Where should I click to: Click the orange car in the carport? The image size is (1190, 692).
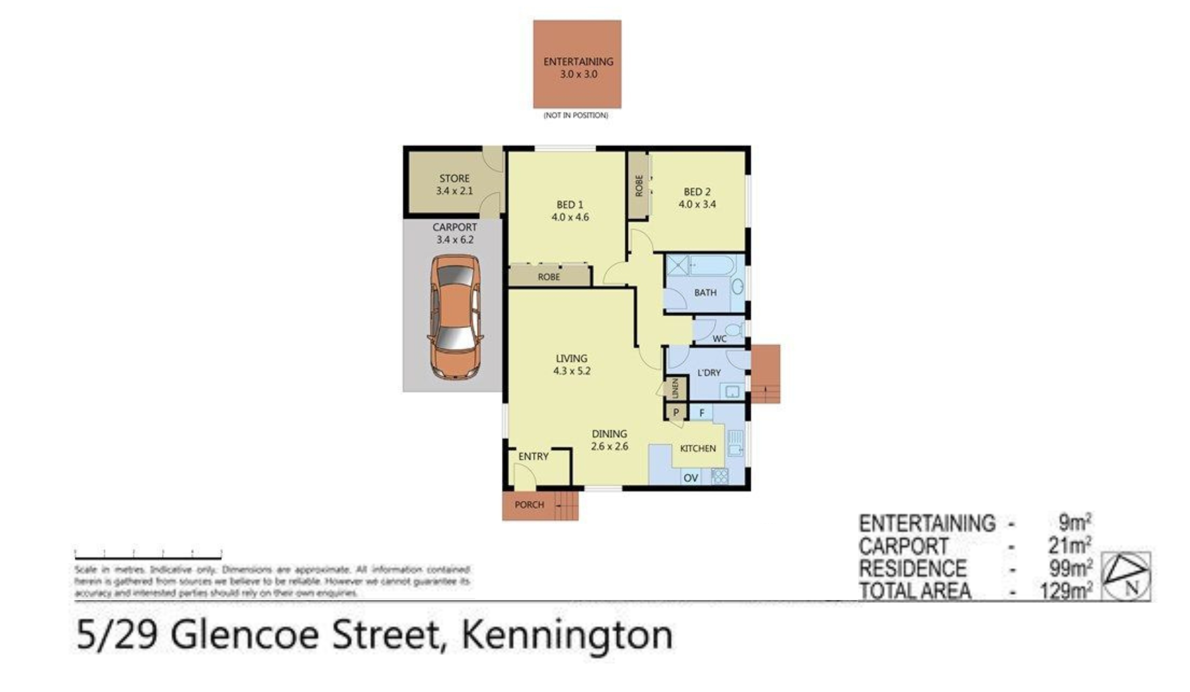coord(455,317)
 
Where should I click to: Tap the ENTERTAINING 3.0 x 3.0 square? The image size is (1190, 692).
coord(577,64)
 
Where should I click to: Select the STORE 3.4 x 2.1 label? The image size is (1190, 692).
coord(454,185)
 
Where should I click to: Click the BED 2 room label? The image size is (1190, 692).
coord(697,198)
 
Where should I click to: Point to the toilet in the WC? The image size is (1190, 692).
coord(733,329)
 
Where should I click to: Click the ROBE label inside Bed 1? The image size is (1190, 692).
coord(549,277)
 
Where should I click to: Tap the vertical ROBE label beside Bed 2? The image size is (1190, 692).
coord(639,186)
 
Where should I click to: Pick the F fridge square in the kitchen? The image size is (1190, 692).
coord(702,413)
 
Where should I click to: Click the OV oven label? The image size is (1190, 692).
coord(690,478)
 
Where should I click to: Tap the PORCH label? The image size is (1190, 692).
coord(530,504)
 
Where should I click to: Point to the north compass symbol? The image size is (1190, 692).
coord(1126,576)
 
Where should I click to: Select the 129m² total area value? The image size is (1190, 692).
coord(1066,591)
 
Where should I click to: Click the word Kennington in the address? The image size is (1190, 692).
coord(567,635)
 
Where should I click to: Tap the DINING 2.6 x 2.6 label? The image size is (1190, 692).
coord(609,440)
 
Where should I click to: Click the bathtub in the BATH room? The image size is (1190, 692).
coord(711,266)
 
